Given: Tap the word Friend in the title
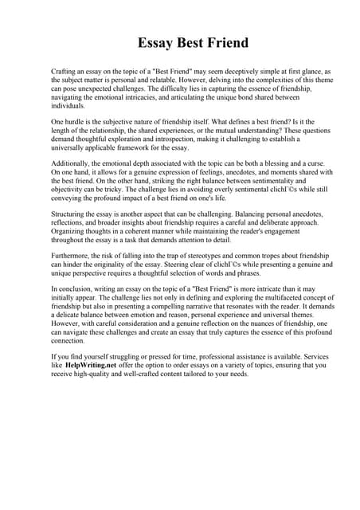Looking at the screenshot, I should pyautogui.click(x=225, y=42).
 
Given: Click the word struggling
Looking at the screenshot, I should pyautogui.click(x=112, y=358).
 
